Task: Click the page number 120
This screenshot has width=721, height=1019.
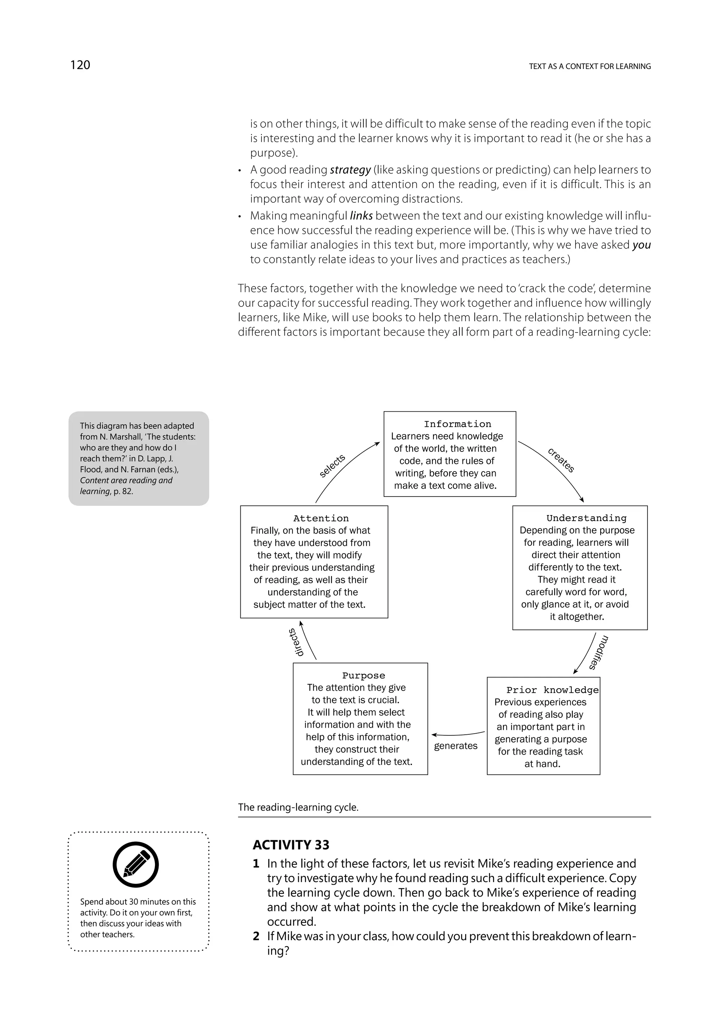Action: (80, 65)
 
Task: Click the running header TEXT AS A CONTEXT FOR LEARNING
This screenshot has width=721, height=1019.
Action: (590, 67)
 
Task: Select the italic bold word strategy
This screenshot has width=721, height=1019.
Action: (350, 170)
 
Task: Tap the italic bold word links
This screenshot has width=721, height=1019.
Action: (361, 216)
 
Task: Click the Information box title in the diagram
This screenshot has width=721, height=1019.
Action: (457, 424)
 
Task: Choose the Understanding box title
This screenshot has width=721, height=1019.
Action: (586, 518)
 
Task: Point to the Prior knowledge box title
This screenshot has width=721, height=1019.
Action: (552, 690)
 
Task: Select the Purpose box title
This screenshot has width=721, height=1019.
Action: (363, 676)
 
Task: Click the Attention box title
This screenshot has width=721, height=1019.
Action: (321, 518)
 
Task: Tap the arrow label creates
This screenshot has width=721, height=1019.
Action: (561, 461)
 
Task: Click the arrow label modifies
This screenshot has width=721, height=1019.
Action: (598, 653)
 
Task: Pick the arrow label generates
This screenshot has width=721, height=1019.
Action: (456, 746)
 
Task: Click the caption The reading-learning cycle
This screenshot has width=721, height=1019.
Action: (298, 807)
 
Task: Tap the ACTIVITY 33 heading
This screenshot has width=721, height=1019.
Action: (291, 844)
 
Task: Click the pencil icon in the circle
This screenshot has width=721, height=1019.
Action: (136, 865)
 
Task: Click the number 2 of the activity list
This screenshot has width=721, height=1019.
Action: (256, 936)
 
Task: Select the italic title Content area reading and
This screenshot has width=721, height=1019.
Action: (126, 480)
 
